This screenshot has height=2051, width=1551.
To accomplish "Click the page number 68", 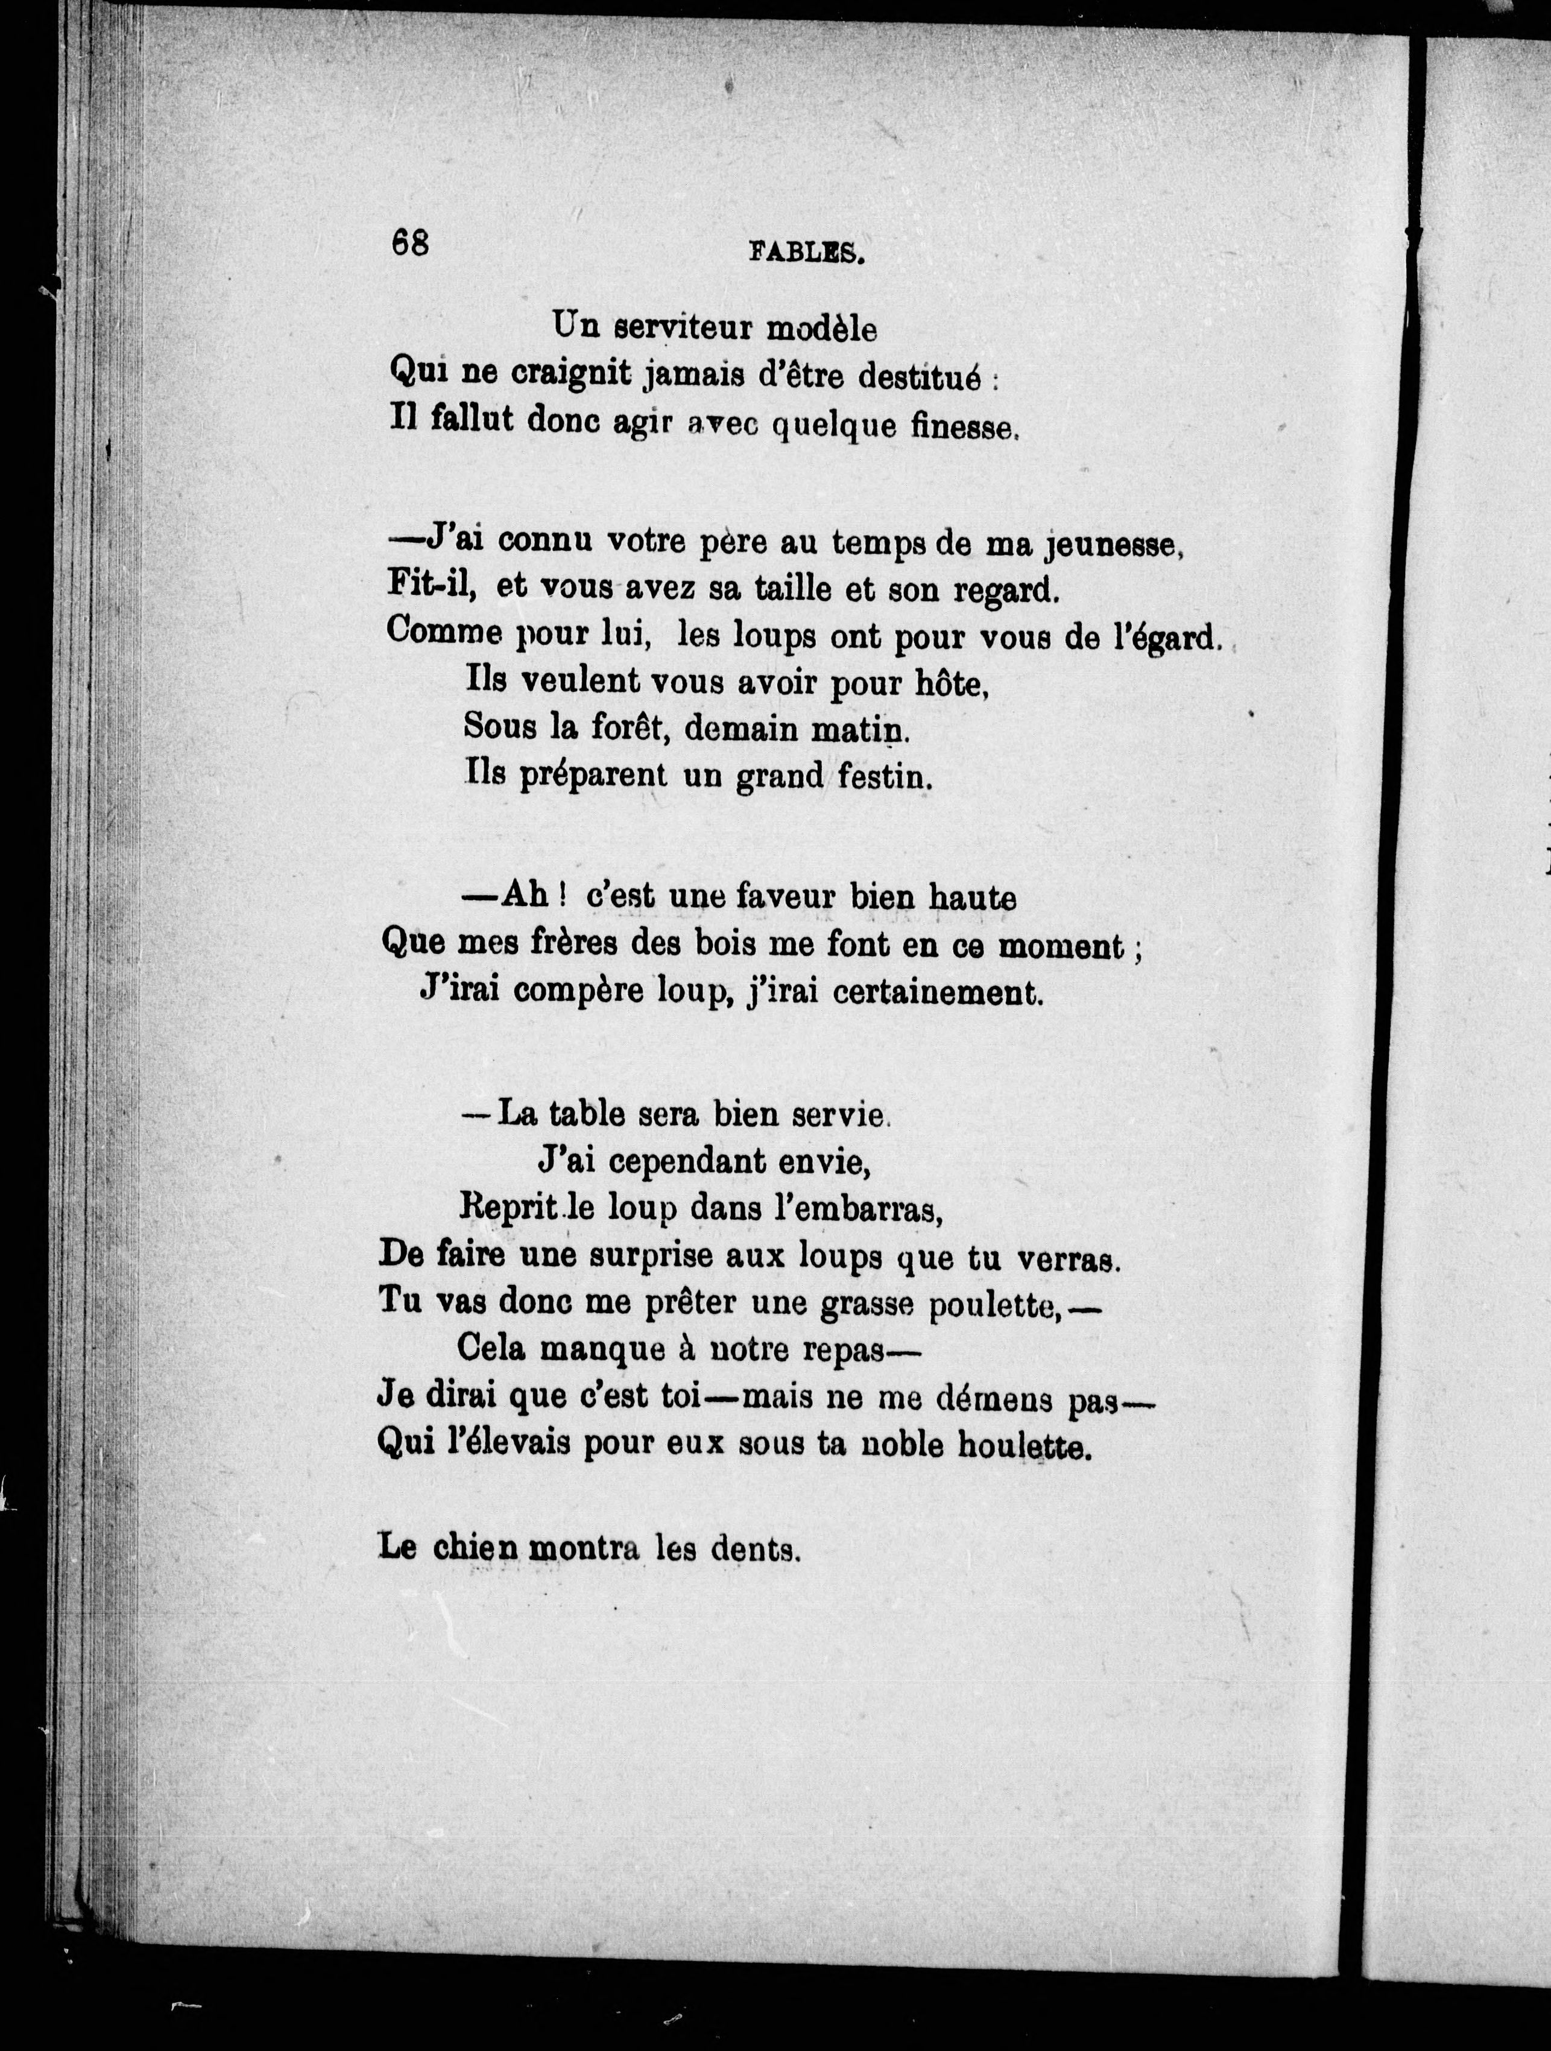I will [x=410, y=243].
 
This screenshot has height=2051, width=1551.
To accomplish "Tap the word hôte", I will [x=951, y=684].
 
